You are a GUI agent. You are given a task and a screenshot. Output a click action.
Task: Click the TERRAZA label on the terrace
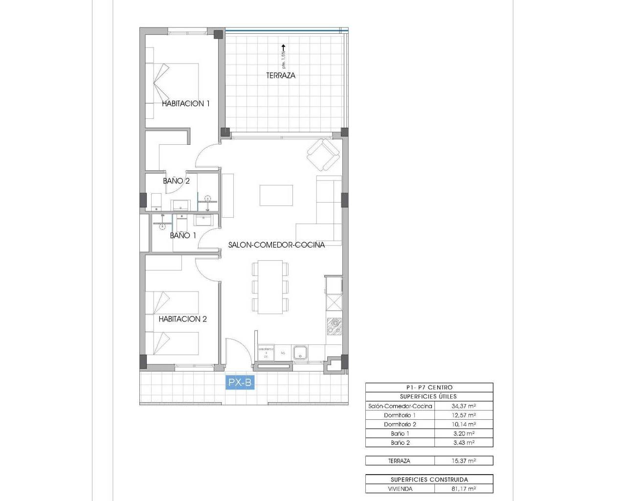point(281,75)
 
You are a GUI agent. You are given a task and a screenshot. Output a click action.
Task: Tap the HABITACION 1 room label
point(186,103)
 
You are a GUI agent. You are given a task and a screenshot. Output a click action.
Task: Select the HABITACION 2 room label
point(182,319)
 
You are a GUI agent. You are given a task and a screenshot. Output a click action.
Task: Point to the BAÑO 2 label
point(176,181)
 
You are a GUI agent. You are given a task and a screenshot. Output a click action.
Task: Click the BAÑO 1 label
point(183,235)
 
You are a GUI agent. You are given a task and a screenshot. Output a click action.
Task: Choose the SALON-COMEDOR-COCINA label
point(276,245)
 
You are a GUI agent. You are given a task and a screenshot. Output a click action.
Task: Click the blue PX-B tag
point(240,383)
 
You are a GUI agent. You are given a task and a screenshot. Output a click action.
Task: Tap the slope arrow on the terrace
point(283,49)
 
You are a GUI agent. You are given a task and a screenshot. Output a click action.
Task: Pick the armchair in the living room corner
point(323,153)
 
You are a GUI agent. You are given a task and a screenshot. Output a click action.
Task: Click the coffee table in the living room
point(276,195)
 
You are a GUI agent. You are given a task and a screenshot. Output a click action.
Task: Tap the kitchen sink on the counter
point(300,352)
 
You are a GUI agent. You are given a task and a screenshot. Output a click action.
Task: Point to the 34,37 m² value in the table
point(464,406)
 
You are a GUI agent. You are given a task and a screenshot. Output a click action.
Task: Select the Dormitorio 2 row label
point(400,425)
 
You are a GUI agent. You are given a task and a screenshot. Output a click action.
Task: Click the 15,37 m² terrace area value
point(464,461)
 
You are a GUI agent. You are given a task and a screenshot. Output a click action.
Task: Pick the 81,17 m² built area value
point(464,489)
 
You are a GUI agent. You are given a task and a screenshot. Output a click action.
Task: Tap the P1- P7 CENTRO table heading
point(429,387)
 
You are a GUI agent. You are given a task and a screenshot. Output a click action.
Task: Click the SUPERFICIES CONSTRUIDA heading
point(429,479)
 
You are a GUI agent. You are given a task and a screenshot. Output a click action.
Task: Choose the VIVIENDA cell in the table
point(400,489)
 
